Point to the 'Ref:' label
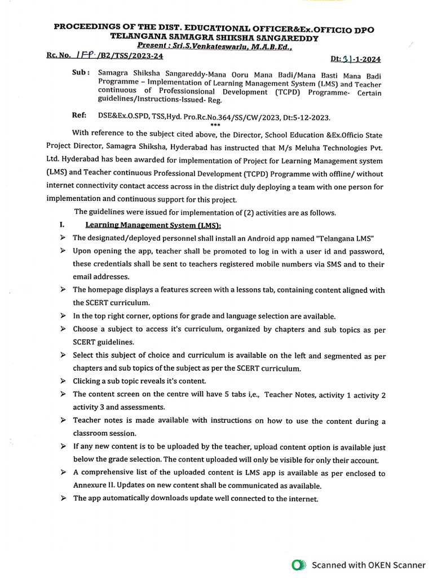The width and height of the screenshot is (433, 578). pos(79,115)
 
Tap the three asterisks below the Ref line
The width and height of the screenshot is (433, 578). pos(214,125)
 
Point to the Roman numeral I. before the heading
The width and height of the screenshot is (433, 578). pos(60,225)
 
